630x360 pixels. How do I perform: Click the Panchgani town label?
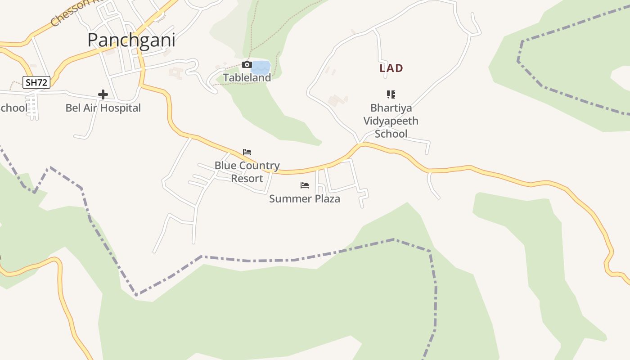131,40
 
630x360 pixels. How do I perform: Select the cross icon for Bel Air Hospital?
103,94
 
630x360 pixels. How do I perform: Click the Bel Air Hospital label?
103,108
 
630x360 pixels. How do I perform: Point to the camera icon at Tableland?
247,65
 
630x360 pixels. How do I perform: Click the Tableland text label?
247,78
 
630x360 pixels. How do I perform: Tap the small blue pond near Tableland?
261,67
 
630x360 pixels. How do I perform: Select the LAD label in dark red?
391,68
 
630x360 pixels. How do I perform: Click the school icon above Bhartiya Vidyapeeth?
391,94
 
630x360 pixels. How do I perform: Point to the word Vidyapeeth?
391,121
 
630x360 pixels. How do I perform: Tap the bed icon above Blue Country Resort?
247,152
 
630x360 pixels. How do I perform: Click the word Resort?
247,179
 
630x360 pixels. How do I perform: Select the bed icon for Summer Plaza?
305,185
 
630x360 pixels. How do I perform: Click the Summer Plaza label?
305,198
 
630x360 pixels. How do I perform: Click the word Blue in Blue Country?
225,166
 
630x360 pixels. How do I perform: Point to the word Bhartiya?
391,108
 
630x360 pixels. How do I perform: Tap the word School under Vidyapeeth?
391,134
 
